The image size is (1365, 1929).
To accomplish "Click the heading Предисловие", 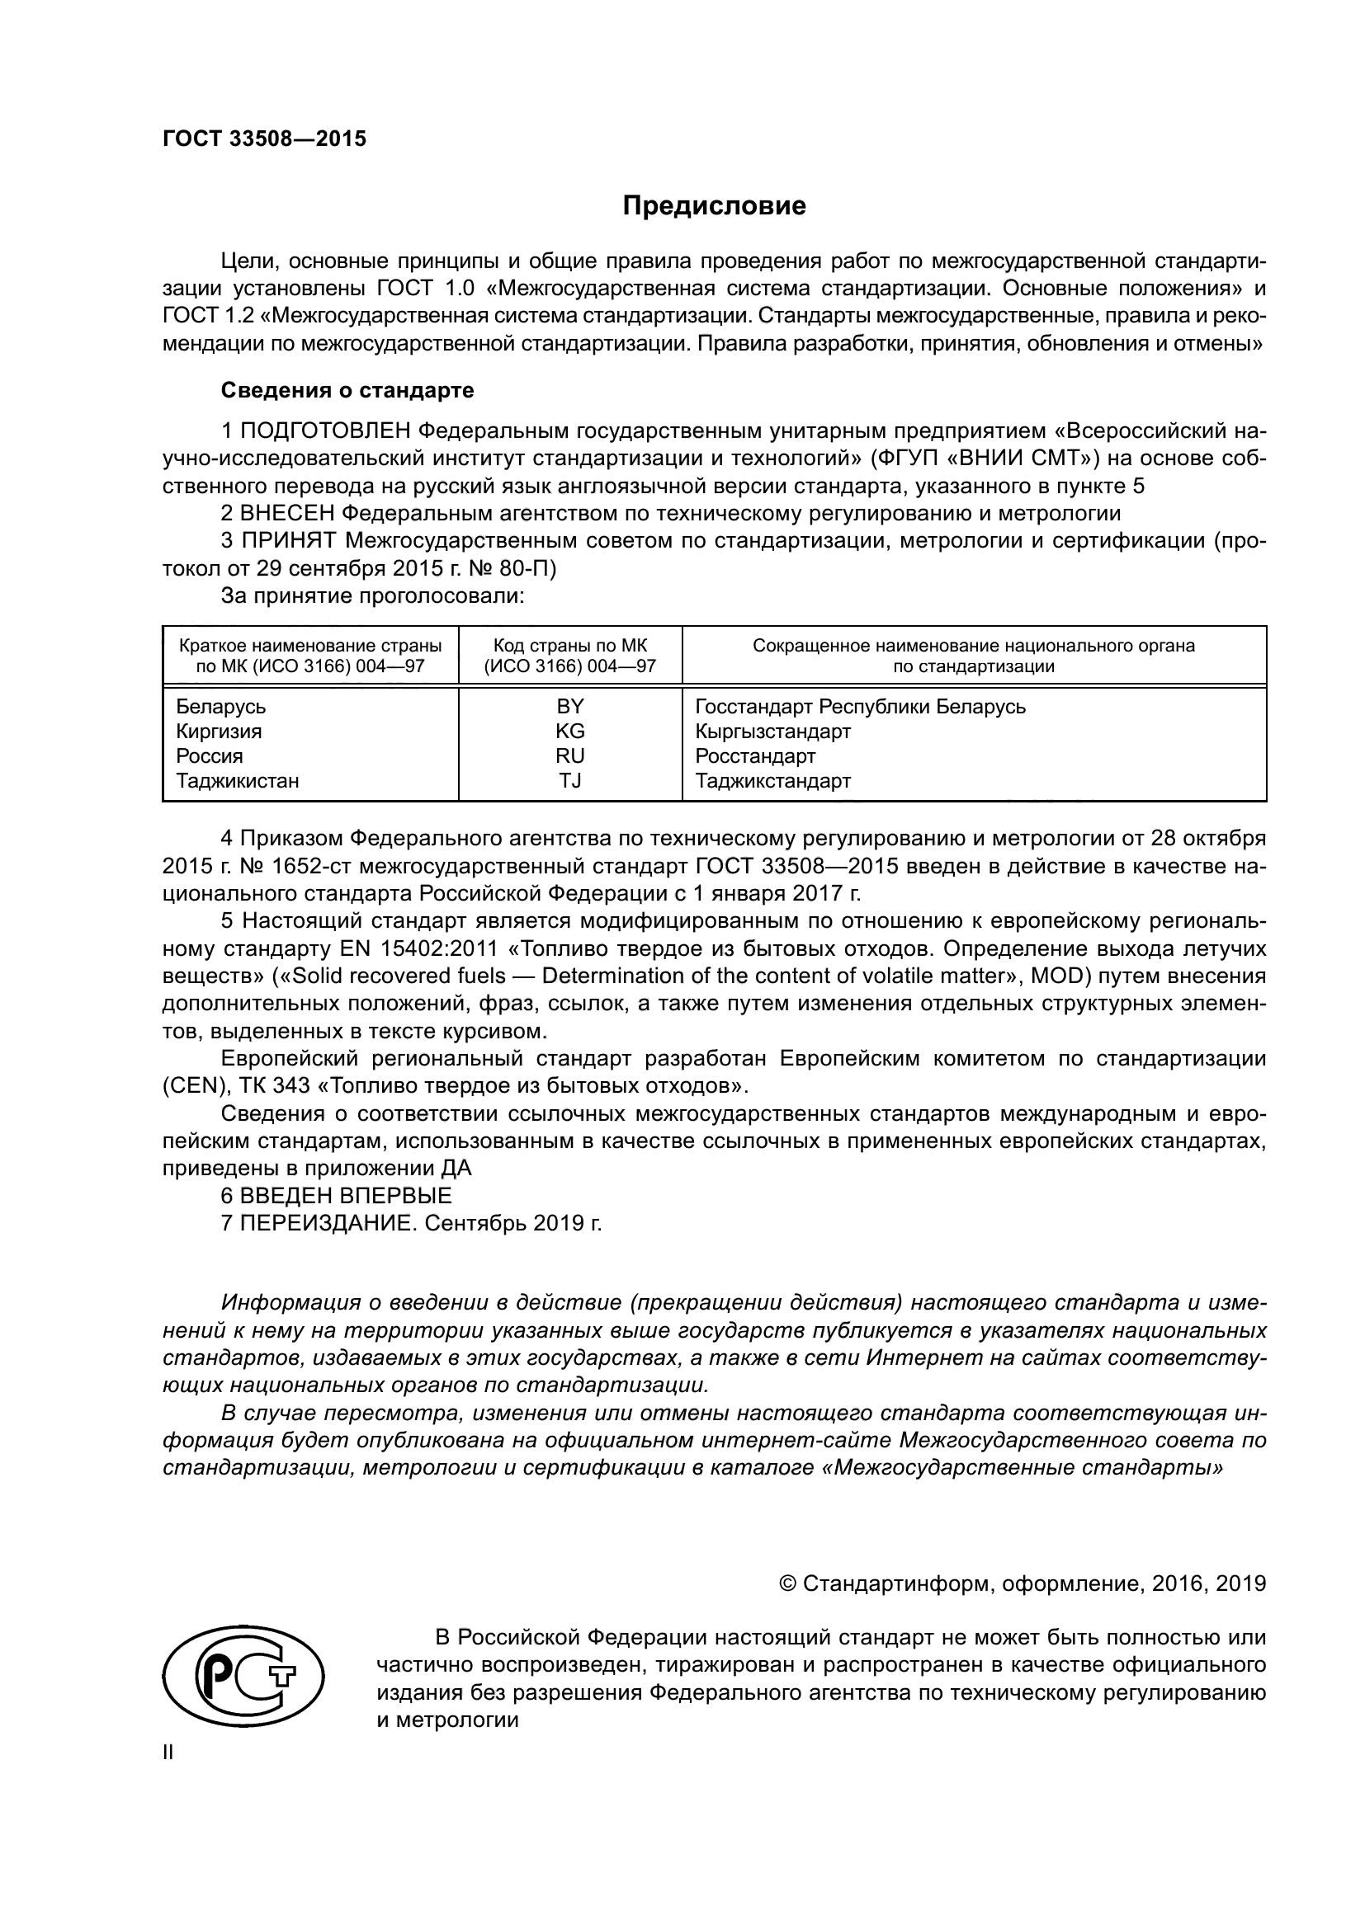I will [714, 206].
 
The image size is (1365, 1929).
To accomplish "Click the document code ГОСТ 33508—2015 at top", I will [264, 139].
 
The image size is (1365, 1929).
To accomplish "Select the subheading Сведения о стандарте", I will [347, 390].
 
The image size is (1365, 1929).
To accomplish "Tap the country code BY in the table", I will [570, 706].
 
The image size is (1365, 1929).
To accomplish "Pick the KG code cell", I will [570, 731].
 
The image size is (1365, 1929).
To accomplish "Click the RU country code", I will [570, 756].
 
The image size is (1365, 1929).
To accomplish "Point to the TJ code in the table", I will [570, 780].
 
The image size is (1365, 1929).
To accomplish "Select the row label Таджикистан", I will [237, 780].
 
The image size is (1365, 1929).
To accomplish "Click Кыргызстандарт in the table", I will [772, 731].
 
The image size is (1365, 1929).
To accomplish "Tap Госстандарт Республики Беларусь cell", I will [860, 706].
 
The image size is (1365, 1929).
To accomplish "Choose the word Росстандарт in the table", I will [755, 756].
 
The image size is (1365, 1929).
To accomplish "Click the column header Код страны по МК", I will [570, 646].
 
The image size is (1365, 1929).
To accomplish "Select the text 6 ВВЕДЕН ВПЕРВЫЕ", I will [336, 1196].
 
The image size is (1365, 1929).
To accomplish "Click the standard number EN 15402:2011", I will [418, 949].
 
